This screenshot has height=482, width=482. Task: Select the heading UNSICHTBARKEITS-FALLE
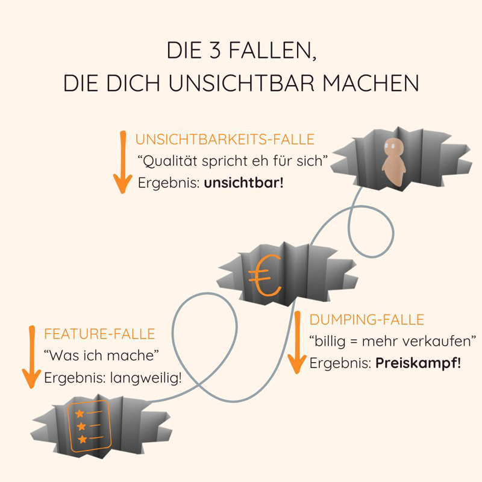point(225,140)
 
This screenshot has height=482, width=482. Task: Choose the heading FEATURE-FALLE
point(99,334)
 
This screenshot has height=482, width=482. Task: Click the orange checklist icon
point(88,425)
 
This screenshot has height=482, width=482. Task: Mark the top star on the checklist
point(78,413)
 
